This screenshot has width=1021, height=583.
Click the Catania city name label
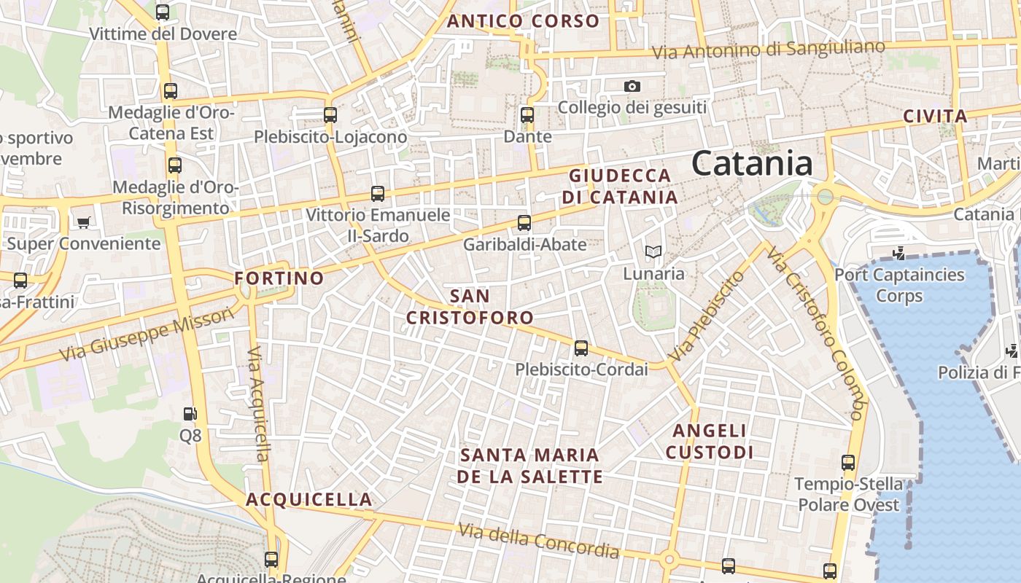(752, 163)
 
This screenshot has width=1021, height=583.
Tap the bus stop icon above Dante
(527, 114)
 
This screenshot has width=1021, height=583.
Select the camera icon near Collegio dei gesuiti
(632, 86)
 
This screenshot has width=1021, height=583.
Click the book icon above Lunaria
(653, 252)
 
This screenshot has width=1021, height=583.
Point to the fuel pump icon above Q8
(190, 414)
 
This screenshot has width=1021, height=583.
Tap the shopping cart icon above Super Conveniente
(84, 222)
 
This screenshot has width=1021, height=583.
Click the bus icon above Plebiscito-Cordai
(581, 348)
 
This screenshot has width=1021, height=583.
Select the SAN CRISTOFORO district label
(470, 307)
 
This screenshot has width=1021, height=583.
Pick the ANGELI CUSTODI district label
(710, 442)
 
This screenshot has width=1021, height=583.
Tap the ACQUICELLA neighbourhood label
(309, 500)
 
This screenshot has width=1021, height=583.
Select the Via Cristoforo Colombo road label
(816, 334)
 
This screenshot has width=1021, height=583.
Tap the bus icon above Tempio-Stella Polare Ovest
(848, 462)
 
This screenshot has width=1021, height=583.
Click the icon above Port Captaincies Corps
(899, 254)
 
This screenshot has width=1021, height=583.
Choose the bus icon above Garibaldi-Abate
(524, 223)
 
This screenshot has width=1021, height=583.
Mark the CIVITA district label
(935, 116)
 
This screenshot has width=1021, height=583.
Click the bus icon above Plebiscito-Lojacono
(330, 114)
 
